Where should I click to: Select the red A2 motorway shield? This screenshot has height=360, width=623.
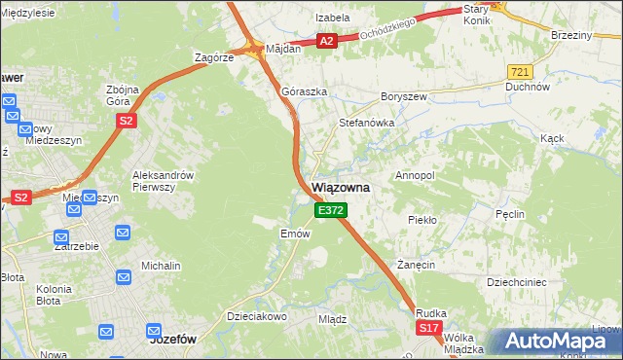(327, 41)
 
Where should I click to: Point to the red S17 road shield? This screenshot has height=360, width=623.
(429, 330)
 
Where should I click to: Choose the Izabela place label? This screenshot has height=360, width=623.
(332, 18)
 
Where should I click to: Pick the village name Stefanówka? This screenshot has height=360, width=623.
(365, 123)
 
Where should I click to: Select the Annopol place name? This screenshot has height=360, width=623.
(414, 175)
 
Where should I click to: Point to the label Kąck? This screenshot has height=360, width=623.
(552, 138)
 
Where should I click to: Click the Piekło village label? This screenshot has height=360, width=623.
(422, 220)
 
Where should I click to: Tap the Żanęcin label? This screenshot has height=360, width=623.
(415, 265)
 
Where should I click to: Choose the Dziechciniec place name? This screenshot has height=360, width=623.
(521, 281)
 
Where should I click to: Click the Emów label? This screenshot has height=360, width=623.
(295, 234)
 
